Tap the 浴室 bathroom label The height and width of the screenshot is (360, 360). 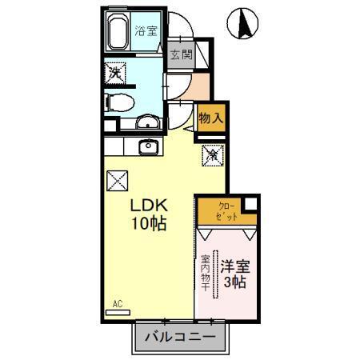[146, 33]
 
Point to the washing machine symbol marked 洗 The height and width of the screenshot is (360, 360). [116, 73]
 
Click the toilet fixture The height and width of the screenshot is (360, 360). [118, 102]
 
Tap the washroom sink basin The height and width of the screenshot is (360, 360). [147, 122]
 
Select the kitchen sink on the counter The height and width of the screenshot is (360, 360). [147, 147]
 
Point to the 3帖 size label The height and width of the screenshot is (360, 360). [235, 282]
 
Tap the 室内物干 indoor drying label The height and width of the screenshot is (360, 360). [205, 273]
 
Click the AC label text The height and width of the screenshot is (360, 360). [117, 303]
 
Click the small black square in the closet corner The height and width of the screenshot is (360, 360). [251, 203]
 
